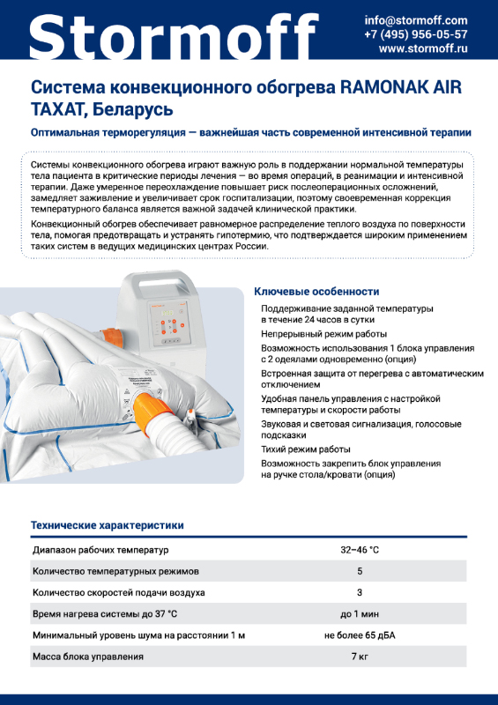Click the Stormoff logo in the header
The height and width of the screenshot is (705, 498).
tap(174, 33)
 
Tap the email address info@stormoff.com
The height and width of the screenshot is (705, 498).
tap(416, 20)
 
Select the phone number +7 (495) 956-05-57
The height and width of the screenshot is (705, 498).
tap(416, 34)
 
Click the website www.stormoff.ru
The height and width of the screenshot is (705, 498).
tap(423, 48)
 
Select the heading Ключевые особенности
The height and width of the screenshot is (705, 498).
tap(316, 292)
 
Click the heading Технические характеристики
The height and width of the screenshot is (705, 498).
tap(107, 525)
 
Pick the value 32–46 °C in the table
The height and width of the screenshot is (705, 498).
tap(360, 550)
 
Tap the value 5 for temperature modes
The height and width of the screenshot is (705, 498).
tap(360, 571)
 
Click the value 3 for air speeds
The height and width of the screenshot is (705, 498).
tap(360, 592)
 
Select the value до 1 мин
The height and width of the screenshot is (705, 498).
tap(360, 613)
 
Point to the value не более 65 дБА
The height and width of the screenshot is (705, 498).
tap(360, 635)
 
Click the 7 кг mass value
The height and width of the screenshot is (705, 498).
tap(360, 657)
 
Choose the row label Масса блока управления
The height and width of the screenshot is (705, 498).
tap(88, 657)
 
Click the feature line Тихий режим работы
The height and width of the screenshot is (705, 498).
tap(306, 449)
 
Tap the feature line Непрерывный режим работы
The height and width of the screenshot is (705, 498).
tap(323, 334)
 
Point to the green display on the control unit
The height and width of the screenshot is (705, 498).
tap(167, 313)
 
